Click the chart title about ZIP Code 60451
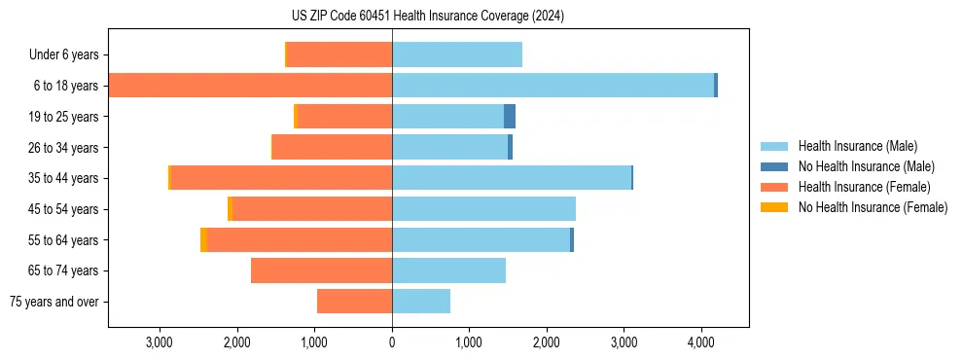427,17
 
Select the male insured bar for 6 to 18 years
553,86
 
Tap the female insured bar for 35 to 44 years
281,178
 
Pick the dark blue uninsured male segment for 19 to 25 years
510,117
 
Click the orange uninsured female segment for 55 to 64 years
203,239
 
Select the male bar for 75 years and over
421,302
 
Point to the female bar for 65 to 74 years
321,270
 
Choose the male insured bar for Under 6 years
457,54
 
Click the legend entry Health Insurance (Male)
855,146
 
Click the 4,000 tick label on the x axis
701,342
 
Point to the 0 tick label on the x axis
392,342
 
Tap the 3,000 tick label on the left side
159,342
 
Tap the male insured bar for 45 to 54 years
483,209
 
